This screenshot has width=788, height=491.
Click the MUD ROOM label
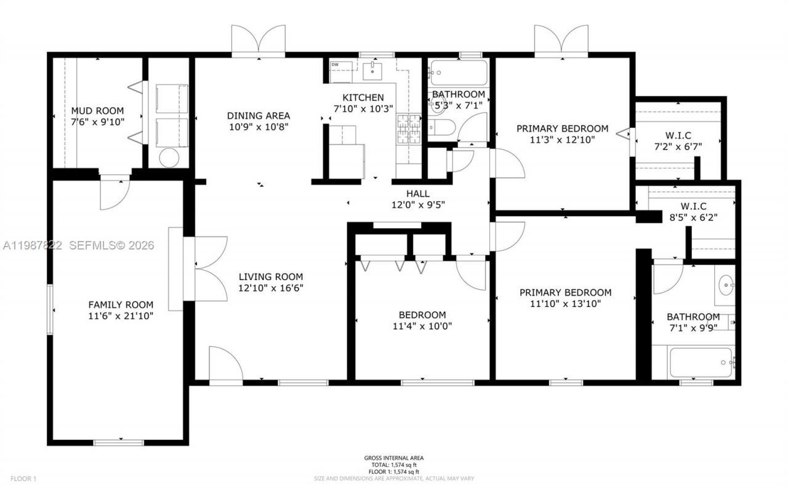(98, 111)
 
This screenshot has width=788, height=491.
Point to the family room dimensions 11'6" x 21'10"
(121, 316)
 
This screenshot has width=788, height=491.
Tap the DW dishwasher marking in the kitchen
(336, 65)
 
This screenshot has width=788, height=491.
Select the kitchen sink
(374, 71)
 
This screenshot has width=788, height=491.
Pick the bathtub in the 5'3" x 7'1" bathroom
(458, 73)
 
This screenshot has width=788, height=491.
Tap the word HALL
(417, 194)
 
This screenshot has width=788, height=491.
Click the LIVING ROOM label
(271, 277)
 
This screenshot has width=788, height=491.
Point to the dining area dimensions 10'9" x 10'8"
(259, 127)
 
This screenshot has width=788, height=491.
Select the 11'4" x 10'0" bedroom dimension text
(422, 326)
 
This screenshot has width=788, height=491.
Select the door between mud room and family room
(115, 191)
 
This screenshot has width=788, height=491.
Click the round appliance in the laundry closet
(168, 158)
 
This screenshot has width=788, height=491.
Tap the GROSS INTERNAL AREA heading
(393, 458)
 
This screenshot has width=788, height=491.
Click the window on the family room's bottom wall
(118, 442)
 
